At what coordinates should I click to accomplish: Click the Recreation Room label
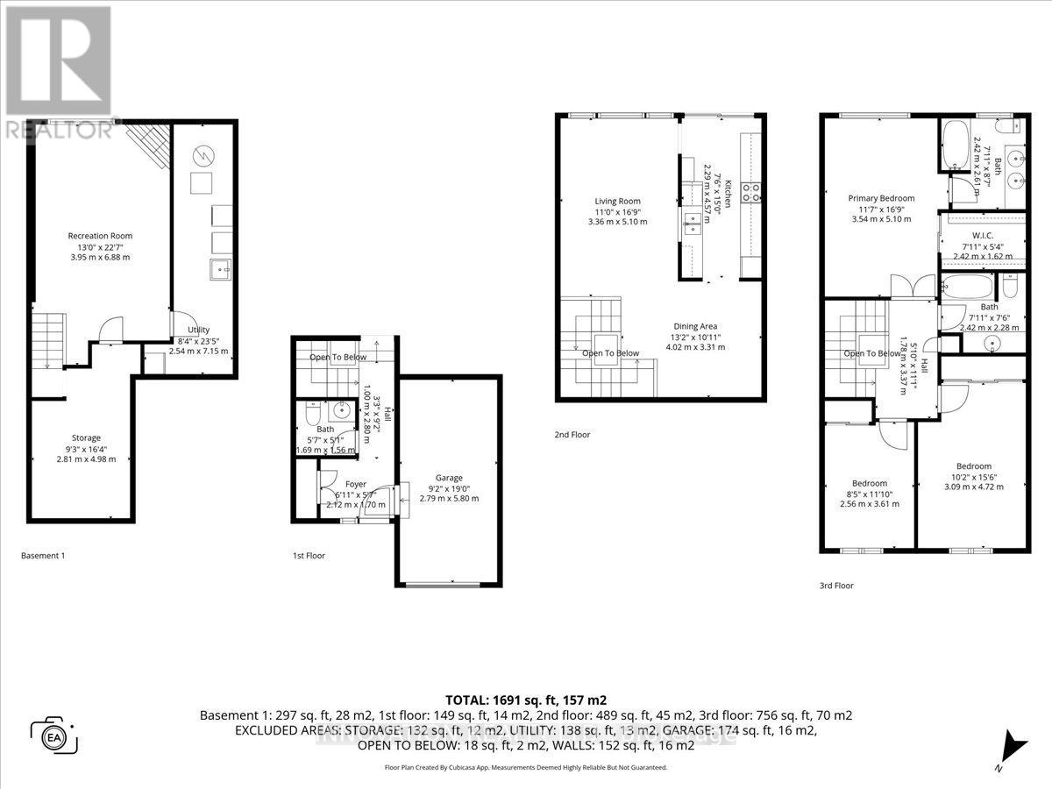pos(100,236)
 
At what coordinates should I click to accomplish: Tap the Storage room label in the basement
pos(86,437)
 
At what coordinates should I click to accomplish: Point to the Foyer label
pos(355,484)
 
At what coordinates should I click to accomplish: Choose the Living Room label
pos(617,201)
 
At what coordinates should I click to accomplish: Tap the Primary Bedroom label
pos(881,198)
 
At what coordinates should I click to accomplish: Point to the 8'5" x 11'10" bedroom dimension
pos(869,494)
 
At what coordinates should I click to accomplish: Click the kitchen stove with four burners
pos(751,192)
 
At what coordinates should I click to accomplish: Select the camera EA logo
pos(55,735)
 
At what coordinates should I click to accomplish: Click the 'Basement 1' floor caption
pos(43,556)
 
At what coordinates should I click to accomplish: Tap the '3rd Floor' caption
pos(837,586)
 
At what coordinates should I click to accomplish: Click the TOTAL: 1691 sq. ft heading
pos(526,700)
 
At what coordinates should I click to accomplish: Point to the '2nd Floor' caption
pos(572,433)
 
